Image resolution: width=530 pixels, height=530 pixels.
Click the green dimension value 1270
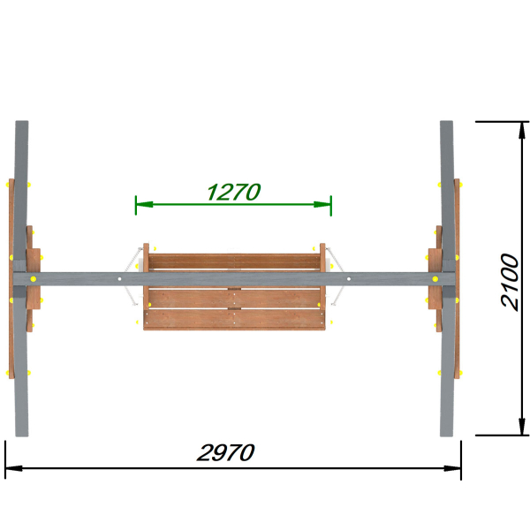click(233, 192)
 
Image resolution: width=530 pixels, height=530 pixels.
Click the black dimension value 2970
click(226, 452)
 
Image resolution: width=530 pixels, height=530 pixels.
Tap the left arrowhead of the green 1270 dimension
click(144, 205)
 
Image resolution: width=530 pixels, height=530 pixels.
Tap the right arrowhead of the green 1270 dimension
click(322, 205)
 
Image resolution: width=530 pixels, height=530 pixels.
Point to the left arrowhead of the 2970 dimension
click(14, 468)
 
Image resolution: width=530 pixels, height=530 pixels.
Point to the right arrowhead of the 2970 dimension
click(452, 468)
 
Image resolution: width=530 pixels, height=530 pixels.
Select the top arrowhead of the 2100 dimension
click(522, 130)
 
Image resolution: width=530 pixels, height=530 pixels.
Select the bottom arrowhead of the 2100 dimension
click(522, 427)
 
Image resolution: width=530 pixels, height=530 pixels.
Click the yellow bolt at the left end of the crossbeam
click(34, 279)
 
